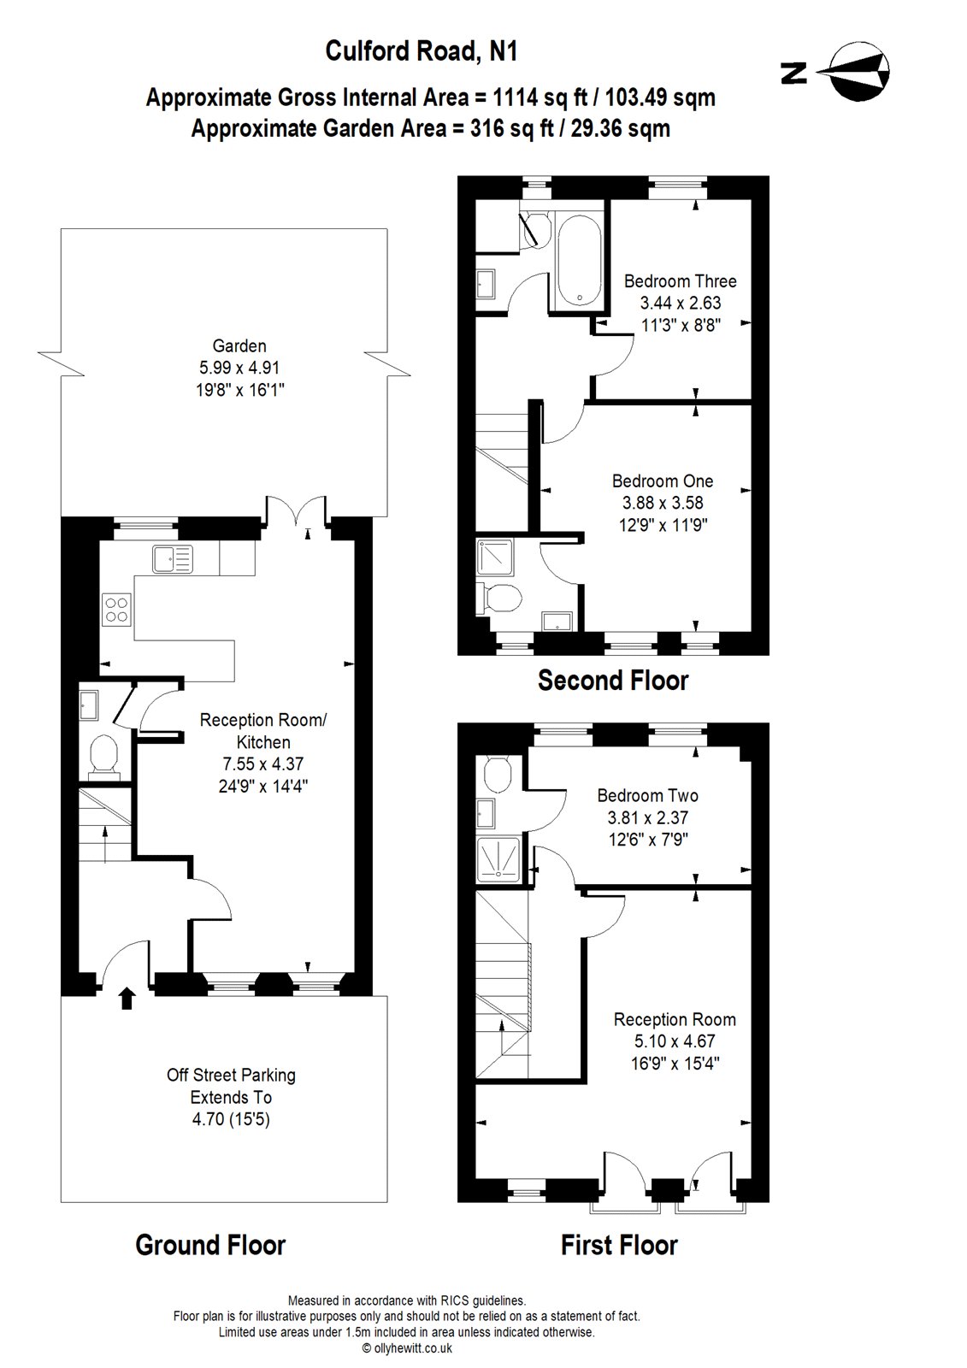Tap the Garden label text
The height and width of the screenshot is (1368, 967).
(239, 346)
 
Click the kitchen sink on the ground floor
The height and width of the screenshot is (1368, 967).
(174, 560)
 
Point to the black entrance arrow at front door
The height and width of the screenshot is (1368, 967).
(127, 998)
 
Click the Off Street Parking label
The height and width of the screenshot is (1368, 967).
(231, 1076)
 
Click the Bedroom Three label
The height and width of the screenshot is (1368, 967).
(680, 281)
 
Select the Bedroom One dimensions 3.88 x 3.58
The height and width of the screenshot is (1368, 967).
(662, 504)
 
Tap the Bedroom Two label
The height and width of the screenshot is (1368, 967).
(647, 796)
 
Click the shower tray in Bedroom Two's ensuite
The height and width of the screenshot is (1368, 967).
(498, 858)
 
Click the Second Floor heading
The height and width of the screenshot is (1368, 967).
(612, 681)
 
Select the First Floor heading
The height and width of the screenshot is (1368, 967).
(619, 1245)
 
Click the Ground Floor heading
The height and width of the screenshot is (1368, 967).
(210, 1245)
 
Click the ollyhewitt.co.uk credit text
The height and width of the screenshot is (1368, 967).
(407, 1348)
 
